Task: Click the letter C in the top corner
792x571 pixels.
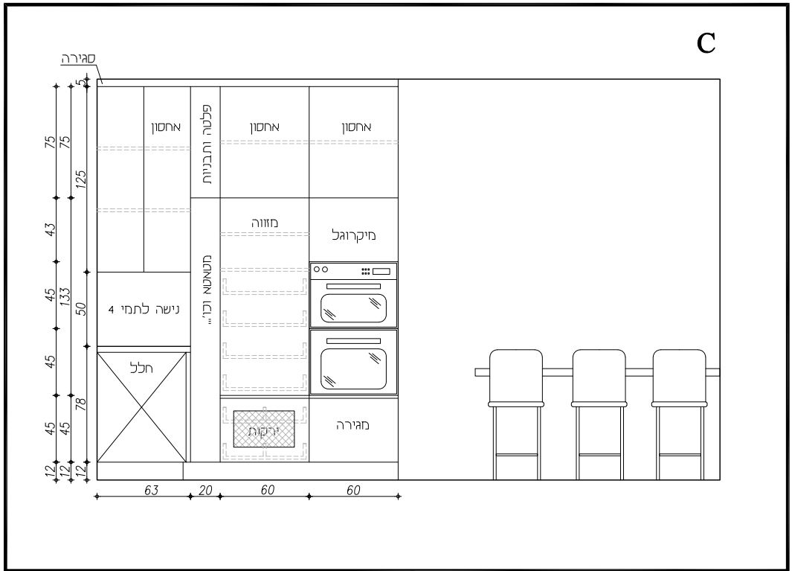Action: (x=706, y=43)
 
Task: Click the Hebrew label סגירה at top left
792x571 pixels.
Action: (x=78, y=58)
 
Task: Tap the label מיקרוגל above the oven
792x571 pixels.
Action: (x=353, y=235)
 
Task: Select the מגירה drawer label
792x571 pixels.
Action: (x=353, y=425)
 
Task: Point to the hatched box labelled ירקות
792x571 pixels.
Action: (x=264, y=429)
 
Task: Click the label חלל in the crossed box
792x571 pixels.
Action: (x=141, y=368)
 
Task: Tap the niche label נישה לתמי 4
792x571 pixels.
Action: (x=144, y=309)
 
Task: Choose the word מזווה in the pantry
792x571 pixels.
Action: (x=265, y=223)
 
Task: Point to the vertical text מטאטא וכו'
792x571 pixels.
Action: (x=206, y=290)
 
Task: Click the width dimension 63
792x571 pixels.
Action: (x=151, y=490)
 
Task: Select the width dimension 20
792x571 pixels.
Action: (x=205, y=490)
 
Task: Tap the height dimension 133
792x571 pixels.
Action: (x=65, y=296)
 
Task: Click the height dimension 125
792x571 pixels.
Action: (x=81, y=179)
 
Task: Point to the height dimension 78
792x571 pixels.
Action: (x=81, y=404)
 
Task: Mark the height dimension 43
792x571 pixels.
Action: (x=50, y=229)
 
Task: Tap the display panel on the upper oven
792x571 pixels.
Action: (x=381, y=271)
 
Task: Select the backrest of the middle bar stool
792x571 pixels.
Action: (x=599, y=374)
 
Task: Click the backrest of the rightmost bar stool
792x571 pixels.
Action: (x=680, y=374)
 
